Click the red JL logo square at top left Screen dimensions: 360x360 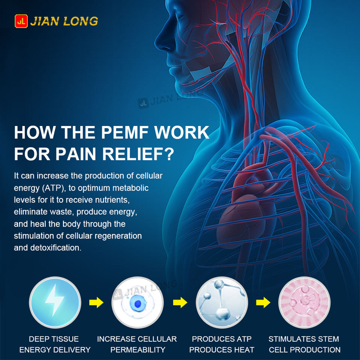coord(21,21)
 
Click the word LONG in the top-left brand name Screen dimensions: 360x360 coord(81,21)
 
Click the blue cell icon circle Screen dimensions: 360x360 coord(138,302)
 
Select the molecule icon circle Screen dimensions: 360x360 coord(222,302)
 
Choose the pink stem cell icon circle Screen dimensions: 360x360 coord(304,302)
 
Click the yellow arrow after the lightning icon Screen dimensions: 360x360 coord(96,302)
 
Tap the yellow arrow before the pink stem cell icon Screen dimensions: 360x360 coord(263,302)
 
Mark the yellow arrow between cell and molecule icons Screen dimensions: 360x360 coord(180,302)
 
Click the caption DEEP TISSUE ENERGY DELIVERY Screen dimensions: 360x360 coord(55,344)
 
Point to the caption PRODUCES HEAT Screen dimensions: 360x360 coord(222,350)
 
